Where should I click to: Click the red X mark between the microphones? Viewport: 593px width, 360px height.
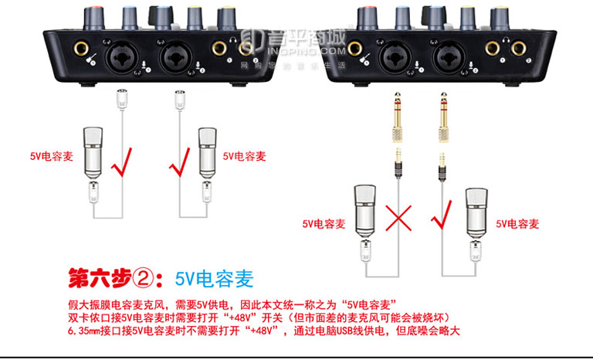(398, 218)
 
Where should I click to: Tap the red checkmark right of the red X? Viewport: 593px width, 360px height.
(444, 216)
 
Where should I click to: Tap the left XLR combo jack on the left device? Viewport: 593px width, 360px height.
(125, 56)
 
